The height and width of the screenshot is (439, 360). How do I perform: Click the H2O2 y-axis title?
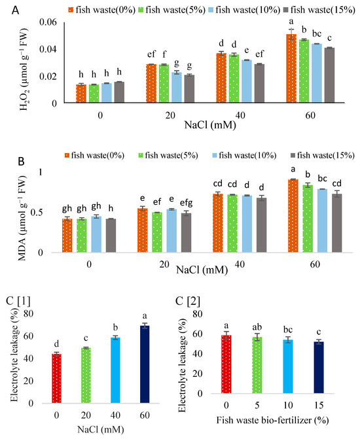24,63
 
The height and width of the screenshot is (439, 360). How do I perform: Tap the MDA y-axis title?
24,207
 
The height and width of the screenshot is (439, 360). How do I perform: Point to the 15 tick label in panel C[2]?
318,415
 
